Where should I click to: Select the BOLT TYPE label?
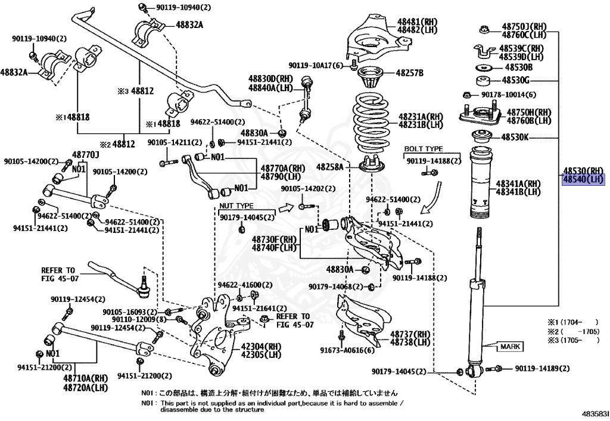click(x=424, y=149)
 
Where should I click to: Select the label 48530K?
click(x=515, y=138)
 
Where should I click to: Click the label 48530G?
click(x=515, y=80)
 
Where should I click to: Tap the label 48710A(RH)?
click(x=81, y=379)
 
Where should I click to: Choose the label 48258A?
click(x=329, y=167)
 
